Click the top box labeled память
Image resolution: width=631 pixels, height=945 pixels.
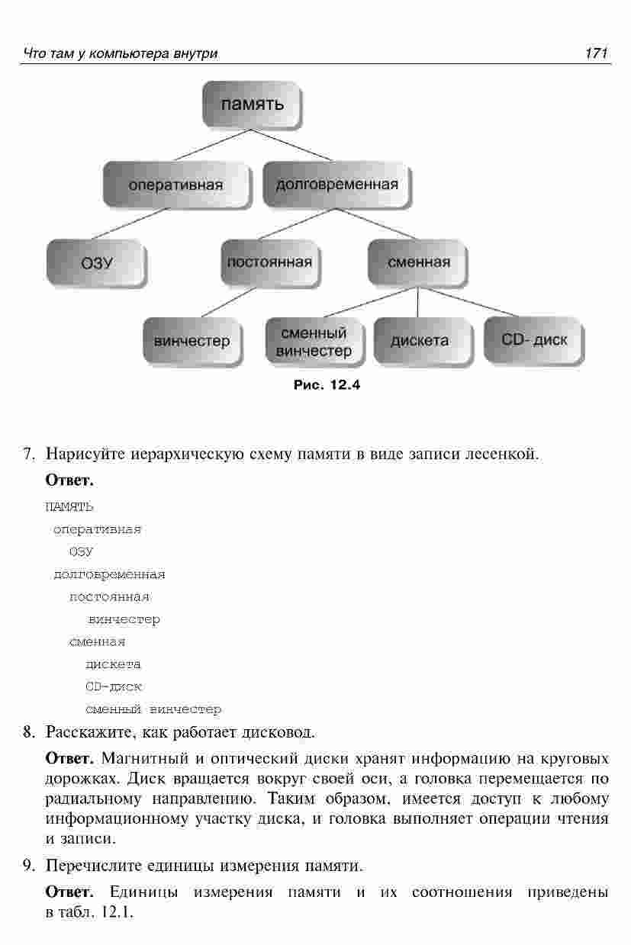point(252,105)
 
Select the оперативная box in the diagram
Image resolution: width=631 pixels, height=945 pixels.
point(175,185)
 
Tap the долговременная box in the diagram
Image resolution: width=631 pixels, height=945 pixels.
point(336,185)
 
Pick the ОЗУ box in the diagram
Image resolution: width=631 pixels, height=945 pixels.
point(97,263)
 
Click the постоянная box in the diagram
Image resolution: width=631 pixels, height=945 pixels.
point(269,262)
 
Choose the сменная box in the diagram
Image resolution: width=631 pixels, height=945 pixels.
point(418,262)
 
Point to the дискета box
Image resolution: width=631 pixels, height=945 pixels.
point(420,341)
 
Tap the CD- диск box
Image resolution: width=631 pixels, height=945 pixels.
point(534,339)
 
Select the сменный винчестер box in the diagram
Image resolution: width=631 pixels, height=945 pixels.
point(314,342)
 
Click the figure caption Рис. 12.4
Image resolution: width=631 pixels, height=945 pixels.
point(327,385)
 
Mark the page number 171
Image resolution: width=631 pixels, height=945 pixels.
point(595,53)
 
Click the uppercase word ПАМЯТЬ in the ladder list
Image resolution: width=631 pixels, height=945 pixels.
point(69,506)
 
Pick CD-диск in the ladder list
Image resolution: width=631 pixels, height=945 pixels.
point(114,686)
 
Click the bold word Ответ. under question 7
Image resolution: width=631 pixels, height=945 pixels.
point(69,481)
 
